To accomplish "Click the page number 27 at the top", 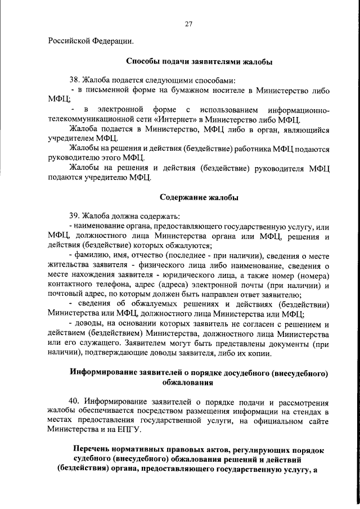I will pyautogui.click(x=188, y=23).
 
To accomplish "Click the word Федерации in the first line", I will pyautogui.click(x=112, y=41).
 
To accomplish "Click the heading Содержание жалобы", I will pyautogui.click(x=199, y=197).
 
